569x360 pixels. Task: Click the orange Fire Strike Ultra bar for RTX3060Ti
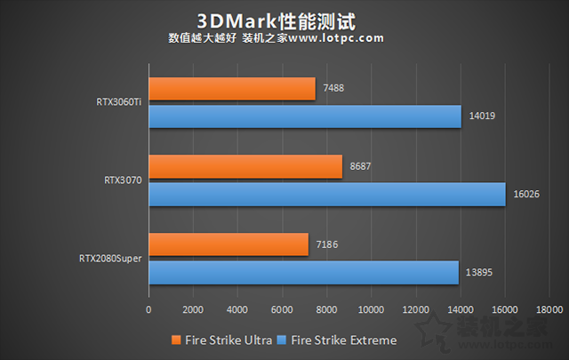231,89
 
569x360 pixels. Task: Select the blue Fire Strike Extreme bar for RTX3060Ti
305,116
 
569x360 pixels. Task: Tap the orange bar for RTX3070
245,166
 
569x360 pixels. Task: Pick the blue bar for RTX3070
326,194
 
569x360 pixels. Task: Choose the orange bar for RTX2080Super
228,244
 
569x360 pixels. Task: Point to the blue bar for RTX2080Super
303,271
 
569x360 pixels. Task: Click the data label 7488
334,89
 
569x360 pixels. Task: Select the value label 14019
481,116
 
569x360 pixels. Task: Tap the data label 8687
361,166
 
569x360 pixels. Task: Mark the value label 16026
525,194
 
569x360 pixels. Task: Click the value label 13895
478,271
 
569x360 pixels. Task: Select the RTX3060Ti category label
118,102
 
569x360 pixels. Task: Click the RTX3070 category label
124,180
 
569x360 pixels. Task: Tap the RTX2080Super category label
111,258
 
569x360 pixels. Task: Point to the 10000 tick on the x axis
371,310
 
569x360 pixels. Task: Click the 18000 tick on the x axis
549,310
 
